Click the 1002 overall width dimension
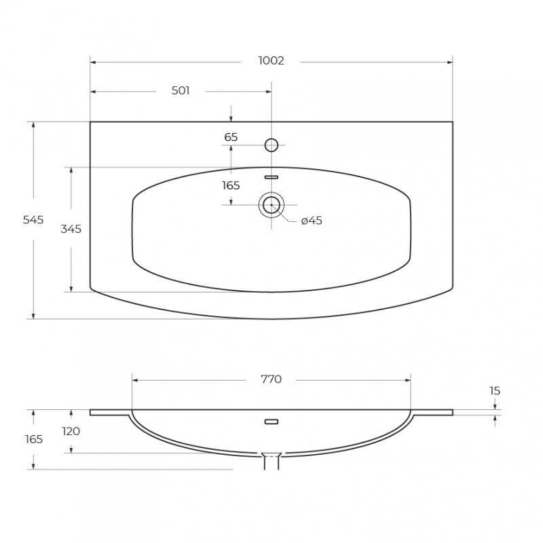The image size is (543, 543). point(271,60)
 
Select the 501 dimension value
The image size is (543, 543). point(181,90)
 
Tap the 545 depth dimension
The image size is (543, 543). point(33,219)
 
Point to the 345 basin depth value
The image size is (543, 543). point(71,229)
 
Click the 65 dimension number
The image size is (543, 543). point(231,137)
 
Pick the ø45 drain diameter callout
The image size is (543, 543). point(312,220)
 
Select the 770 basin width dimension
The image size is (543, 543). point(271,379)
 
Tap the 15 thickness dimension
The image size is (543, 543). point(495,391)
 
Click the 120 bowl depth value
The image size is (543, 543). point(71,431)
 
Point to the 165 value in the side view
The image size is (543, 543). point(34,439)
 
